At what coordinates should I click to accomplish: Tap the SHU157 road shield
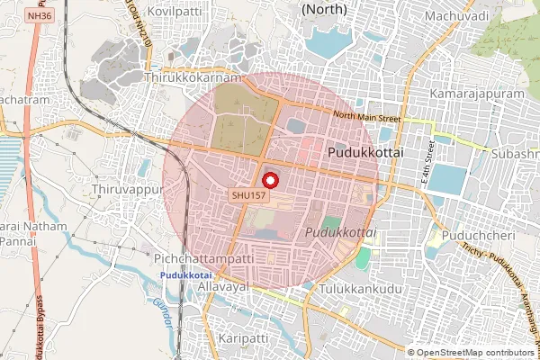pyautogui.click(x=247, y=195)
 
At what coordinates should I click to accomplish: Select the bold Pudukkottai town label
pyautogui.click(x=365, y=153)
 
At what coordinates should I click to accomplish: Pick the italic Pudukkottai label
pyautogui.click(x=339, y=232)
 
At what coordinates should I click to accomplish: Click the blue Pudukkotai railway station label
pyautogui.click(x=185, y=274)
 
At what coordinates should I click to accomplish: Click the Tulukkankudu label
pyautogui.click(x=358, y=290)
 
